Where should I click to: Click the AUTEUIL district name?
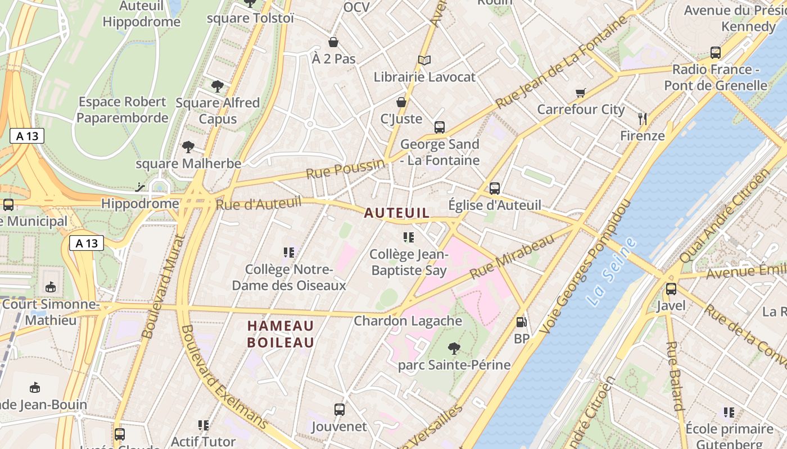click(397, 213)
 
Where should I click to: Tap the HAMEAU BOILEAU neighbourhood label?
click(281, 334)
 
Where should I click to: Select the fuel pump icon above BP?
click(521, 322)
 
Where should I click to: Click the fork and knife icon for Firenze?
click(643, 118)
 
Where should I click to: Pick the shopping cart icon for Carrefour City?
click(581, 93)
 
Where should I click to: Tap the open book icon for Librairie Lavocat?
click(424, 60)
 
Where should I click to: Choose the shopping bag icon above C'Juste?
click(401, 102)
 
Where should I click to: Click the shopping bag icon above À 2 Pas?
click(333, 42)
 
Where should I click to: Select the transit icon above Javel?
click(671, 289)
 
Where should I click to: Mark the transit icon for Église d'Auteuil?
click(495, 189)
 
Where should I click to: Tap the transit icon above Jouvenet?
click(339, 409)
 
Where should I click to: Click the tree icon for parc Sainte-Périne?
click(454, 349)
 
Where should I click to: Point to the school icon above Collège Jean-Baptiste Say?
click(409, 237)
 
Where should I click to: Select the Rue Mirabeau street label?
click(512, 257)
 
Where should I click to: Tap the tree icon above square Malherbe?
click(188, 147)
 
